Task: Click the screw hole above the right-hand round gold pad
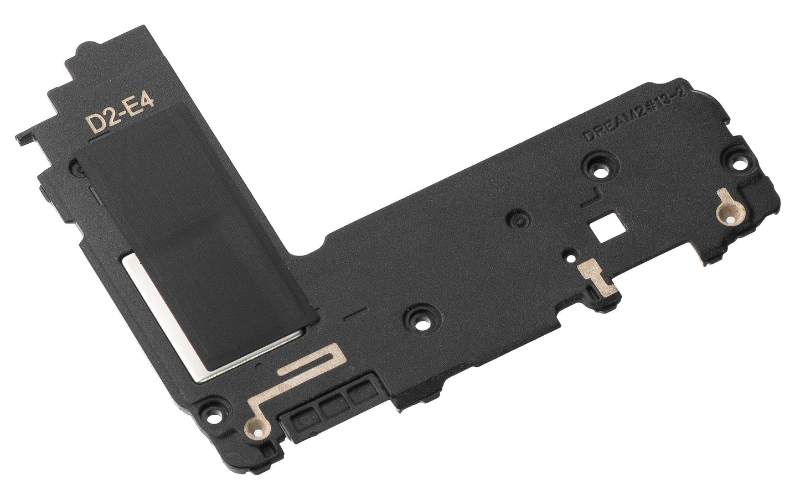(736, 162)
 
